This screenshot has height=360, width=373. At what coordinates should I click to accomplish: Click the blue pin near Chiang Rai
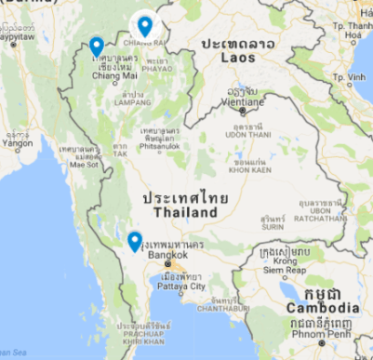[x=144, y=26]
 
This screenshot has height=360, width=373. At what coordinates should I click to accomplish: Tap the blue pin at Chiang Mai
[x=96, y=47]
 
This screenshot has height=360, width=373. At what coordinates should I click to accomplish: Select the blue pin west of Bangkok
[x=135, y=242]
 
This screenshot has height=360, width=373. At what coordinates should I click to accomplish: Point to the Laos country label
[x=237, y=58]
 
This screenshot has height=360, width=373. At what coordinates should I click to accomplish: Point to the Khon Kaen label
[x=249, y=171]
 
